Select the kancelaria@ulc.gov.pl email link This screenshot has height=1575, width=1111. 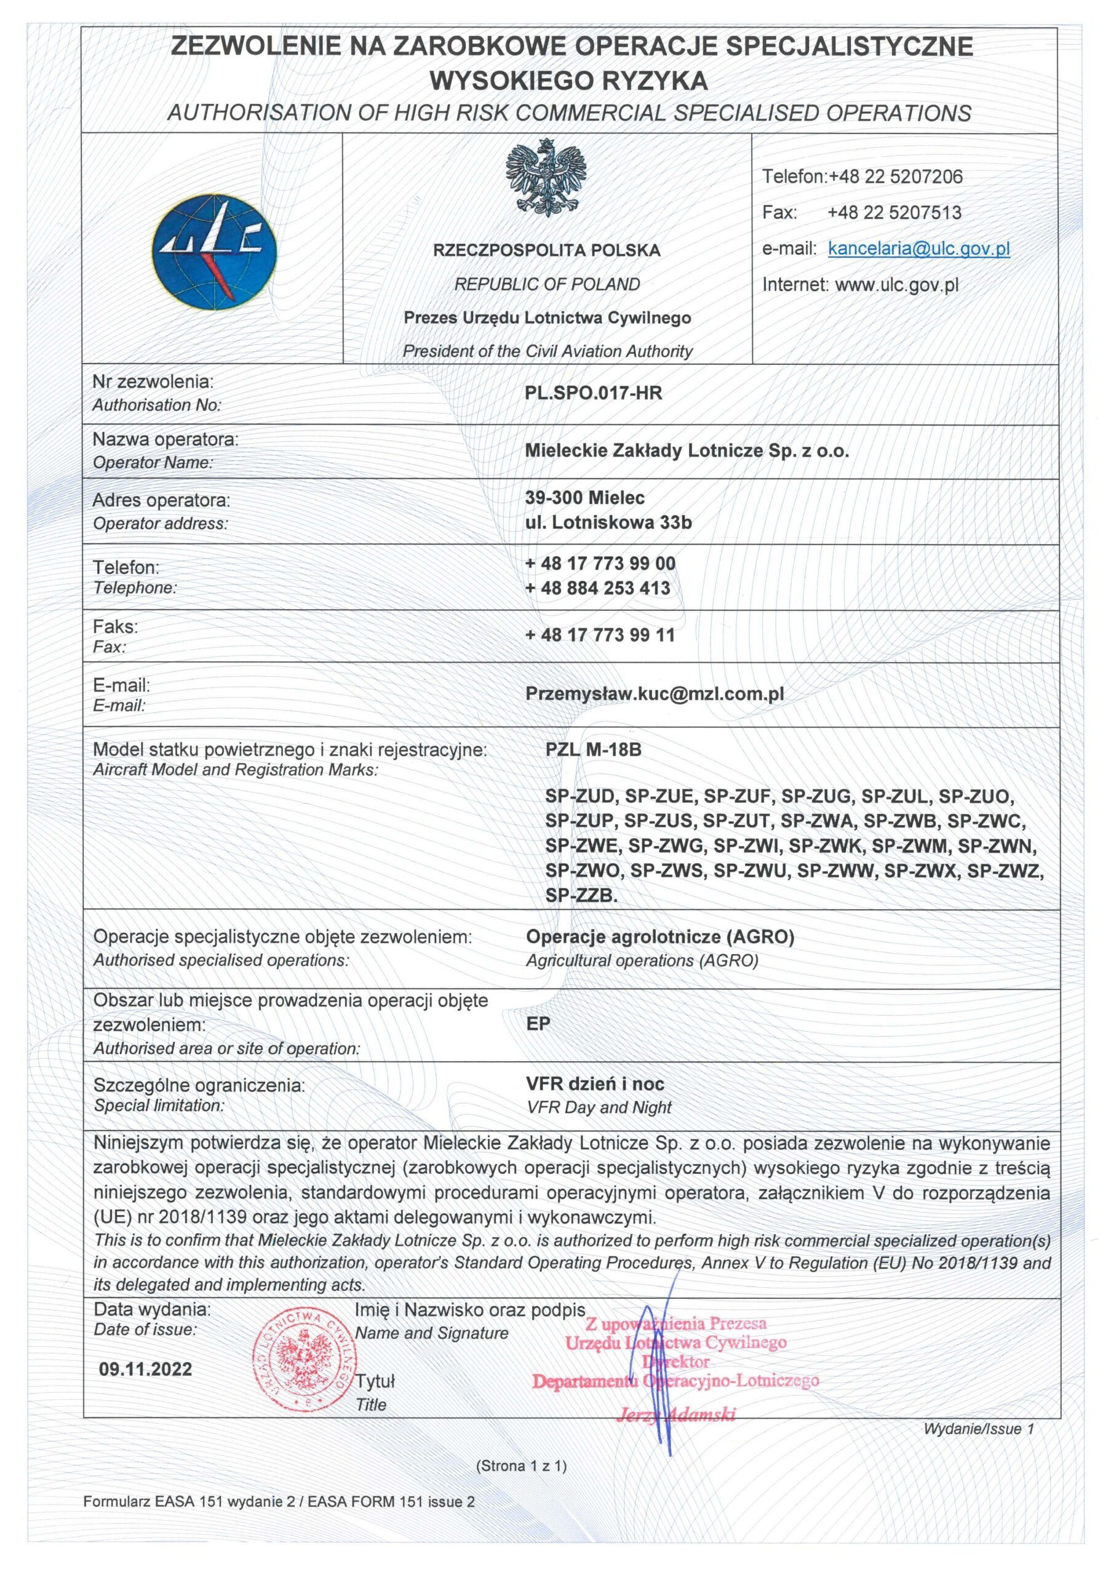[x=918, y=249]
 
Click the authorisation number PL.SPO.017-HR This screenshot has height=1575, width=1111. [x=593, y=393]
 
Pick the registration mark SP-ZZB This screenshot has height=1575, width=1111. [x=581, y=895]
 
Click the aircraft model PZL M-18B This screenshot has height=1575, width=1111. [x=593, y=750]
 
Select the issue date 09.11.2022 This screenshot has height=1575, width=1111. [x=145, y=1370]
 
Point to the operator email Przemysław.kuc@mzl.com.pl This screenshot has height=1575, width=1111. [x=655, y=693]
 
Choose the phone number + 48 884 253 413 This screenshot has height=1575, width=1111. [x=597, y=588]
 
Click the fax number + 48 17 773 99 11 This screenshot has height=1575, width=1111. [x=600, y=634]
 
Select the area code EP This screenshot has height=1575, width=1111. [x=538, y=1024]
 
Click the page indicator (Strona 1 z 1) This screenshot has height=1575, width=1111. [x=521, y=1466]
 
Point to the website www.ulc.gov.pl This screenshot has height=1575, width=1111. [x=896, y=285]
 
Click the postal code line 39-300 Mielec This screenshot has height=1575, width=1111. [x=584, y=497]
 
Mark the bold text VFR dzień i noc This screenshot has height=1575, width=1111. [x=595, y=1084]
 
